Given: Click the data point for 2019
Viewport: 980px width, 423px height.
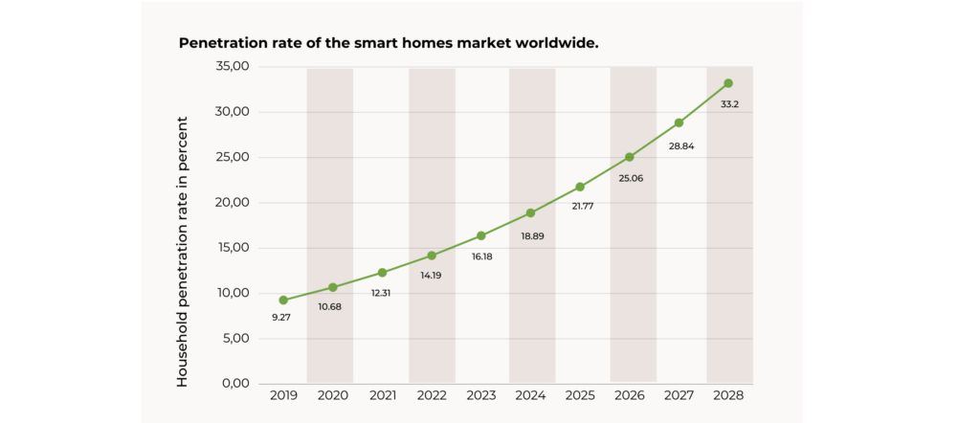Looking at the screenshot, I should (x=283, y=300).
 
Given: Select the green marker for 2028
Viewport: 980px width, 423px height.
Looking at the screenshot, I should (x=728, y=83).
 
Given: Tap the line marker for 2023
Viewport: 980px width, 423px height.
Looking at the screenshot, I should (x=480, y=235).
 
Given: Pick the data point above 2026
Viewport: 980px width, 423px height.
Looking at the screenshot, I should (x=630, y=157).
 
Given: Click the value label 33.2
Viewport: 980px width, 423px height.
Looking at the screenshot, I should (x=729, y=103).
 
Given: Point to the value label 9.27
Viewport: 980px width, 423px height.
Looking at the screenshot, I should (x=281, y=317).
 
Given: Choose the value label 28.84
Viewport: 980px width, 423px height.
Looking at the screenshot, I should (x=680, y=144).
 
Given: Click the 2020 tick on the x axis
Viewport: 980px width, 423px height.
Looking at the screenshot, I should (x=332, y=394).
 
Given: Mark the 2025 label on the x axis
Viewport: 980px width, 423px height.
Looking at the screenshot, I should (x=580, y=394).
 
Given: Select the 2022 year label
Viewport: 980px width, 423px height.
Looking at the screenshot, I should (x=432, y=394).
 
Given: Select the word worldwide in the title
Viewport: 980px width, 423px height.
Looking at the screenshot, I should (x=557, y=44).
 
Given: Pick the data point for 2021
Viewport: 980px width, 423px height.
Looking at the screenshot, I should (x=382, y=273).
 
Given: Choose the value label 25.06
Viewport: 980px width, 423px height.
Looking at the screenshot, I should (x=631, y=178).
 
